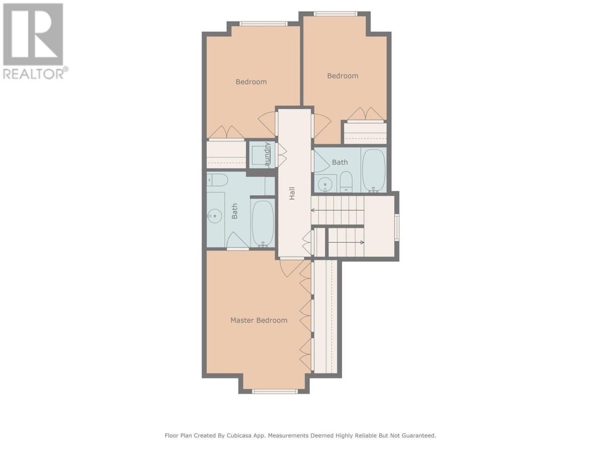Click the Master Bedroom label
pos(259,320)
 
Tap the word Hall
pos(292,194)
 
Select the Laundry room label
pos(267,155)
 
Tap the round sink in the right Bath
pos(325,184)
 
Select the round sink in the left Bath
pos(214,216)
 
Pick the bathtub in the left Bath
pos(263,224)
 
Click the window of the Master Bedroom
pos(275,392)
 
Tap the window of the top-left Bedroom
pos(263,24)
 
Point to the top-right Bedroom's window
pos(335,14)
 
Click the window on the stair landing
pos(397,227)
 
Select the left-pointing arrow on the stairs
pos(337,210)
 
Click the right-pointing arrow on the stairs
pos(346,242)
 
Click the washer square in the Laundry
pos(260,155)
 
